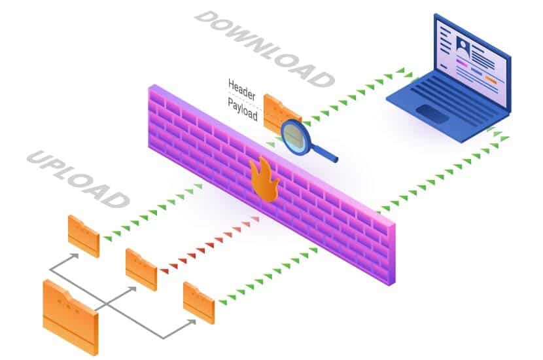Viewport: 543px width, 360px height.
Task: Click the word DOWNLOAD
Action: click(x=264, y=48)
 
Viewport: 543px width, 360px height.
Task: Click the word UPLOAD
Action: click(x=78, y=179)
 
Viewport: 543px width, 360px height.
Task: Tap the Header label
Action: click(x=241, y=89)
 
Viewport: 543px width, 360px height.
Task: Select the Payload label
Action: click(x=243, y=109)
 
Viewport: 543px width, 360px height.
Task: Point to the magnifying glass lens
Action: click(x=294, y=137)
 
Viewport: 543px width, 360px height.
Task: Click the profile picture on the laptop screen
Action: click(x=463, y=46)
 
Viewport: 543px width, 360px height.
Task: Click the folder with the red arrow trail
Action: click(x=141, y=269)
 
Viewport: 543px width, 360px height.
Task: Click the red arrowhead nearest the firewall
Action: click(x=256, y=219)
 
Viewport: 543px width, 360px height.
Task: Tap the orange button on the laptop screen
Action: click(x=491, y=80)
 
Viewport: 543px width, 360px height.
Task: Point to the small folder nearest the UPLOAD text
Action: click(x=84, y=236)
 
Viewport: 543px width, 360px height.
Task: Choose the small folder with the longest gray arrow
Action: click(x=199, y=303)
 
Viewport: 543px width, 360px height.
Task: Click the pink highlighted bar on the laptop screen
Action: click(x=462, y=63)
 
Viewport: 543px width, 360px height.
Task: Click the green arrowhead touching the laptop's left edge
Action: click(x=409, y=75)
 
